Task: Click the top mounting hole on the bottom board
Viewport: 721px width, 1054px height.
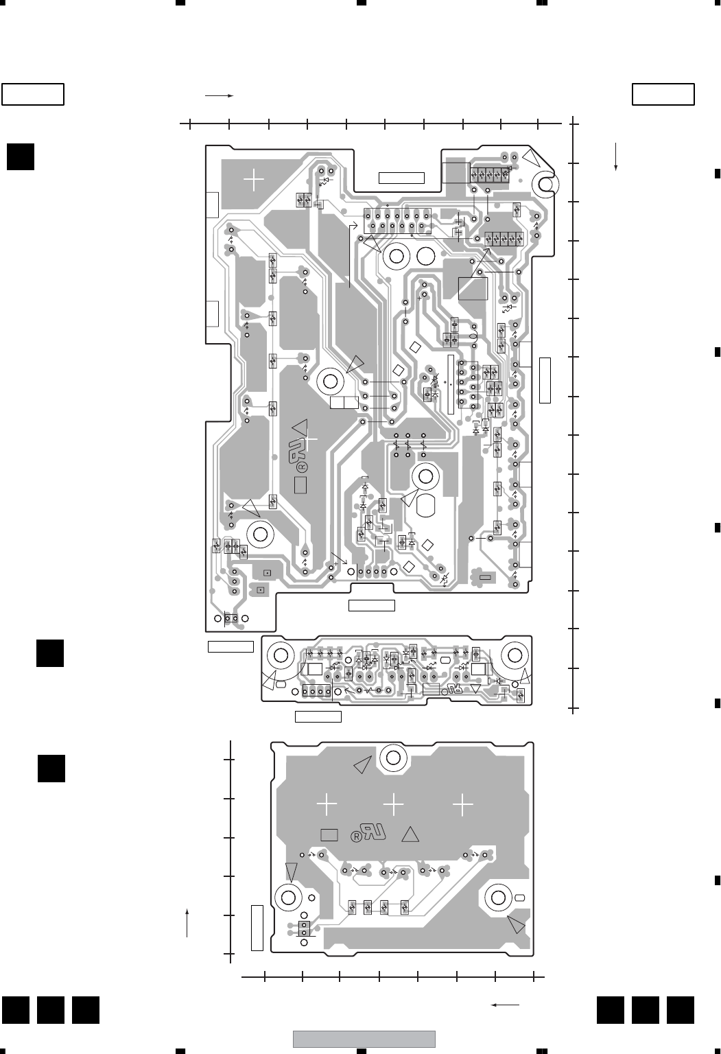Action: point(394,758)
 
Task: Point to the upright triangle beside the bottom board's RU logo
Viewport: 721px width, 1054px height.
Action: point(410,834)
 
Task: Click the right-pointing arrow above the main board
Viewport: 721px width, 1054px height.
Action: point(220,96)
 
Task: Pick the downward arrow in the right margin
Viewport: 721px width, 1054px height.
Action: point(617,156)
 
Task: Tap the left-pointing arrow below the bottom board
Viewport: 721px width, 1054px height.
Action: point(505,1005)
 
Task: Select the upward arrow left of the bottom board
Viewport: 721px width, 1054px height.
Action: point(187,922)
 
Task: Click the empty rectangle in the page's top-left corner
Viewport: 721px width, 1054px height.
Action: point(33,94)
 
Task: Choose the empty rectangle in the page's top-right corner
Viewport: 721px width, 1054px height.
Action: point(663,94)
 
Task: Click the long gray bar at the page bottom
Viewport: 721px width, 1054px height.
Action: point(364,1039)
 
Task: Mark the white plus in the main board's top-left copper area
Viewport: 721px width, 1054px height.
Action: point(254,180)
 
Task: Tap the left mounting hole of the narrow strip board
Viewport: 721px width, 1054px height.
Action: point(281,653)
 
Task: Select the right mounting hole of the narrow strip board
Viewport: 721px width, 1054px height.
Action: point(513,653)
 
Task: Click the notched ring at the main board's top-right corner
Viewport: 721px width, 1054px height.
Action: point(547,183)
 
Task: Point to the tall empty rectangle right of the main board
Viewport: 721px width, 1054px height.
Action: point(545,379)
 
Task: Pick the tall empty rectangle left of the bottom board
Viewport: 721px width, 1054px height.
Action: point(257,928)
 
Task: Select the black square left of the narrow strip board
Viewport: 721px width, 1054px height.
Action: point(50,653)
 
